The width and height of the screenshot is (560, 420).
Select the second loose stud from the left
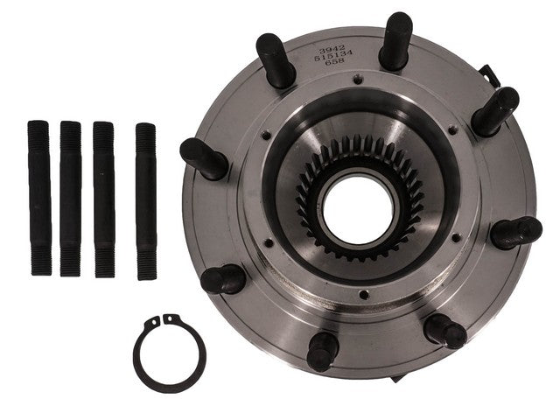[x=70, y=199]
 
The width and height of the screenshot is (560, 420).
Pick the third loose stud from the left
[x=103, y=199]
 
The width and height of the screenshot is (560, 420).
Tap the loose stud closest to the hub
[x=145, y=200]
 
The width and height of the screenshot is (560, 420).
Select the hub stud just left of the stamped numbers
[x=274, y=59]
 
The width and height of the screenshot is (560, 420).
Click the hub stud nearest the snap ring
[x=222, y=279]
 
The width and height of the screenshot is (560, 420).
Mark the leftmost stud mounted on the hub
[x=203, y=158]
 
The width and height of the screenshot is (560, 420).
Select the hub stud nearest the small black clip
[x=495, y=112]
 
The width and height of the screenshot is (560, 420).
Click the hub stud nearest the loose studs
[x=203, y=158]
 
